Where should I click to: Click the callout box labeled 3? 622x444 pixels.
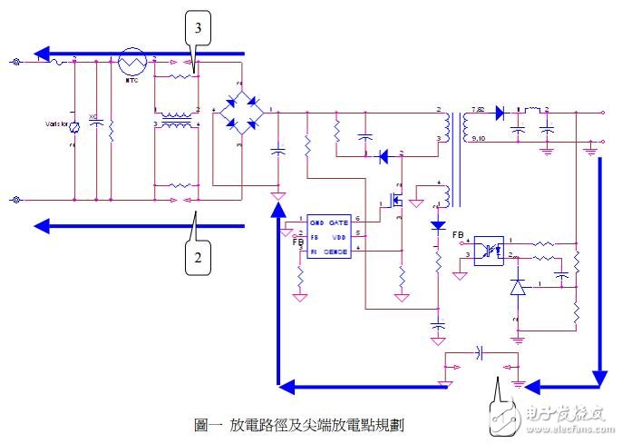click(x=198, y=29)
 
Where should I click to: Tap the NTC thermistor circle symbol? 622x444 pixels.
click(x=132, y=62)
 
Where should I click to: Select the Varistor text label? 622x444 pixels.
click(x=57, y=123)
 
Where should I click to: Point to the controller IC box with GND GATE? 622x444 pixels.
click(x=328, y=235)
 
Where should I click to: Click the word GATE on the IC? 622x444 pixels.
click(x=338, y=221)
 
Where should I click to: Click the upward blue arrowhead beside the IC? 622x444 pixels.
click(x=278, y=211)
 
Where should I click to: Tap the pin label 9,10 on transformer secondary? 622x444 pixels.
click(x=481, y=139)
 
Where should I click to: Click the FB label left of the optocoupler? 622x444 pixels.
click(x=457, y=234)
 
